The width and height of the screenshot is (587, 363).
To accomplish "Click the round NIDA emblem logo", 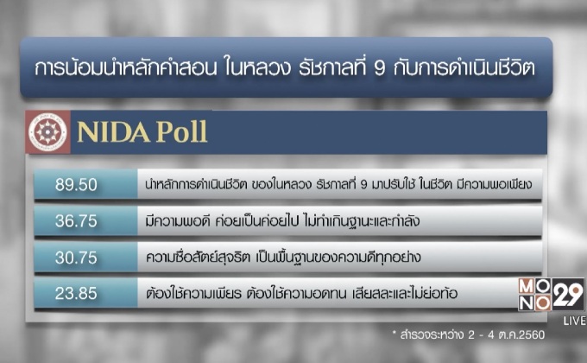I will coord(47,132).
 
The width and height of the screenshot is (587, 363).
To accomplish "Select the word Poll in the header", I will coord(180,133).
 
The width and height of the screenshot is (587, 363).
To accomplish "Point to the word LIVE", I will coord(574,321).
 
